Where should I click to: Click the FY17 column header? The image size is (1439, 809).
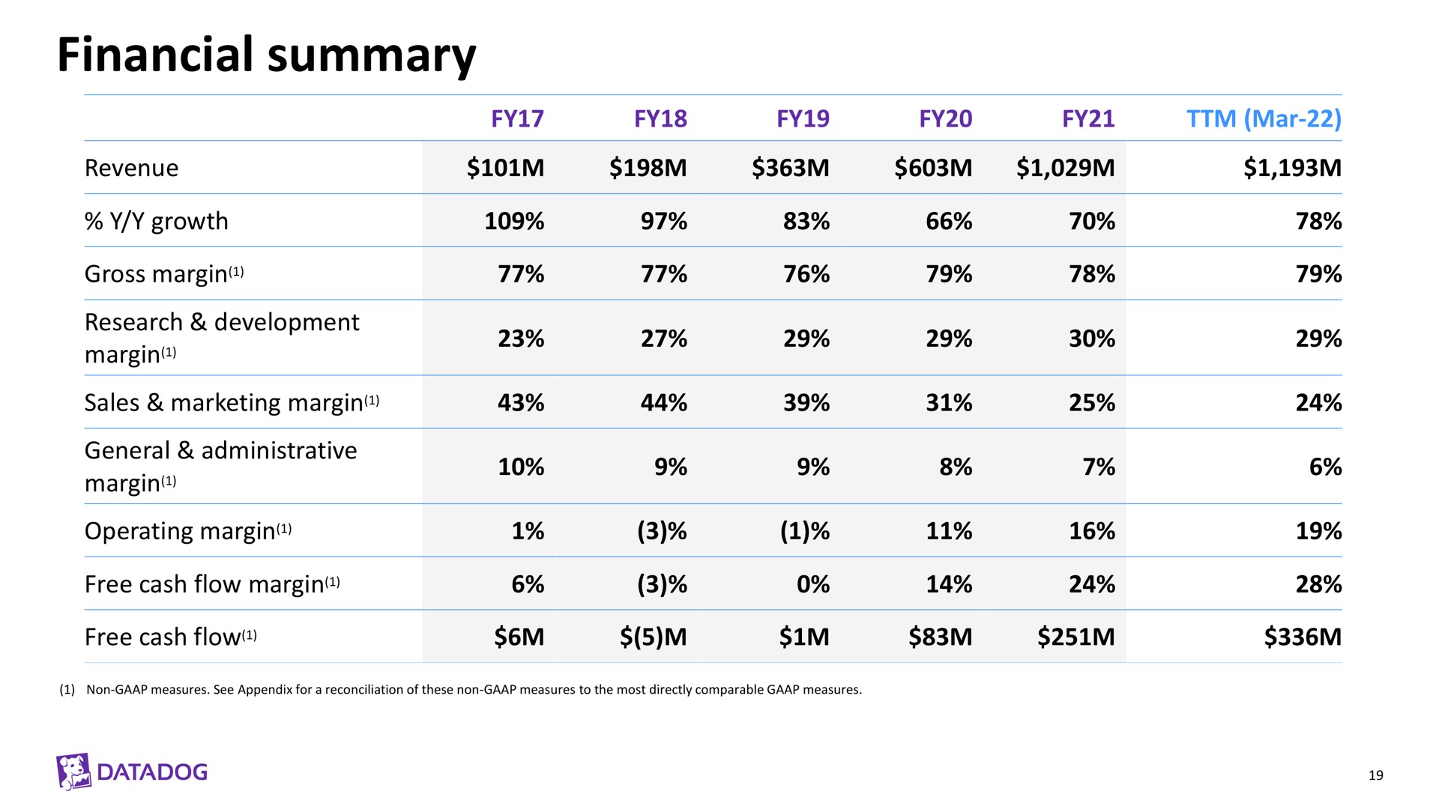(x=517, y=118)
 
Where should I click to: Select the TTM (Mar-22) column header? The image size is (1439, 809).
(x=1264, y=118)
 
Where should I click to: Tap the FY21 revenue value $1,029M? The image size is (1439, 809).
(x=1066, y=168)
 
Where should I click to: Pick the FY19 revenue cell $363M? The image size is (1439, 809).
(x=791, y=168)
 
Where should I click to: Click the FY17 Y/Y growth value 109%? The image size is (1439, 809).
(x=514, y=221)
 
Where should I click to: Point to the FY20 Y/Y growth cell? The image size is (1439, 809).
(x=949, y=221)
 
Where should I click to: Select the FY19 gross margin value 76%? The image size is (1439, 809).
(x=806, y=274)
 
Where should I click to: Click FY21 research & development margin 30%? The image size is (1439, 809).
(x=1092, y=339)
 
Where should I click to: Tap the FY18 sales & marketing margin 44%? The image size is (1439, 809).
(x=664, y=403)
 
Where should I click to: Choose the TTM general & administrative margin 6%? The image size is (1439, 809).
(x=1326, y=467)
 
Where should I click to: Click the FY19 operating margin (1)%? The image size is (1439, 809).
(x=805, y=531)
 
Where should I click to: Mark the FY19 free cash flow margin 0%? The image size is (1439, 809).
(x=813, y=584)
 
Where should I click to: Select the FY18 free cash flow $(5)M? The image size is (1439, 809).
(x=654, y=637)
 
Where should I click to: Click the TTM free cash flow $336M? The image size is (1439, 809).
(x=1303, y=637)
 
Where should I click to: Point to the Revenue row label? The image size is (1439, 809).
(x=131, y=168)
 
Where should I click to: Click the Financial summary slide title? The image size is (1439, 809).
(x=266, y=55)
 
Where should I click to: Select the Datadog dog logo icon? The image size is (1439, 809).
(x=73, y=772)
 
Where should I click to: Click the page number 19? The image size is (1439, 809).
(x=1375, y=775)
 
